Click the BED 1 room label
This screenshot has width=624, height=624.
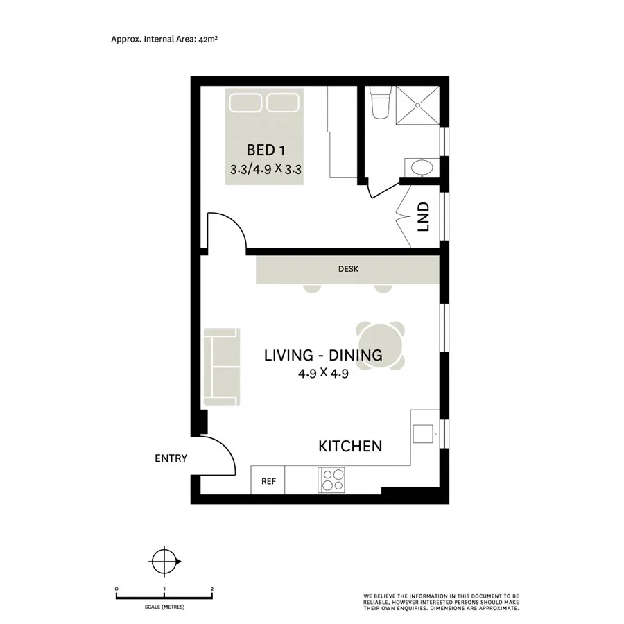pos(267,150)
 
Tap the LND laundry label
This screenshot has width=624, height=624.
pos(424,216)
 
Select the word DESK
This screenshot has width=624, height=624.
pos(348,269)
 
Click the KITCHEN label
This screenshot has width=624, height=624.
pos(350,446)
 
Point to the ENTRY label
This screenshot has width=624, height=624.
pos(171,458)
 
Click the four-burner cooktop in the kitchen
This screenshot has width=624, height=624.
pos(331,480)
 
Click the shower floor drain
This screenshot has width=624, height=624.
pos(419,105)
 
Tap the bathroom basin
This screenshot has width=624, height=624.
pos(420,168)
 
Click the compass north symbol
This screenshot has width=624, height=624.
pos(164,561)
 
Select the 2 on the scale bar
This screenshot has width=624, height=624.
pos(211,589)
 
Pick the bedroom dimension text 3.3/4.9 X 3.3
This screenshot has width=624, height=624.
pos(268,168)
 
